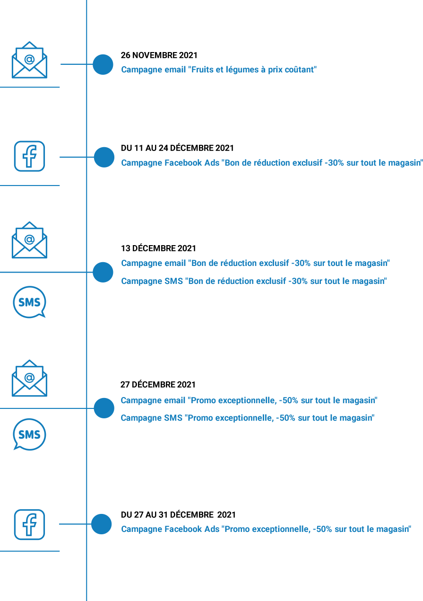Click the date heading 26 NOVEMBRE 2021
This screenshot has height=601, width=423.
[x=159, y=55]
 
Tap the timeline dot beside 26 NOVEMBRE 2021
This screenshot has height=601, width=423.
[x=103, y=64]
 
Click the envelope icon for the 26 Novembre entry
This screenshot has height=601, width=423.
[x=29, y=60]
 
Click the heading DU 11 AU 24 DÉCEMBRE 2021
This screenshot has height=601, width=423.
[x=177, y=148]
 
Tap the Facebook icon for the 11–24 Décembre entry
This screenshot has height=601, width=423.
[x=29, y=156]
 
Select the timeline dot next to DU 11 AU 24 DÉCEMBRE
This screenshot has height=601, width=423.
[x=104, y=157]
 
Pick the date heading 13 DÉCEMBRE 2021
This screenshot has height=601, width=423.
[x=158, y=248]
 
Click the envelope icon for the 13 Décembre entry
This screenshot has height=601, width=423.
[x=29, y=240]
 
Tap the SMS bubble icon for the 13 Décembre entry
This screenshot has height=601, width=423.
[x=29, y=302]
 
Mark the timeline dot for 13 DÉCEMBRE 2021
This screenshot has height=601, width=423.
[x=103, y=272]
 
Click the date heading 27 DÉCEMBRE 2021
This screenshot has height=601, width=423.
[x=158, y=385]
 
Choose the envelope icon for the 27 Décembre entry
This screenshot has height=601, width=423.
[x=29, y=378]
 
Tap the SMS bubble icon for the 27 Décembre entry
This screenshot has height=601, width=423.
[x=29, y=434]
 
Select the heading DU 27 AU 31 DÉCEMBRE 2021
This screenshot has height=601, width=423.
[x=178, y=514]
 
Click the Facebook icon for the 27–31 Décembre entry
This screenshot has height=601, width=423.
[x=29, y=524]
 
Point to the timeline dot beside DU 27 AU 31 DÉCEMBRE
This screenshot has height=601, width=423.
[x=101, y=524]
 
